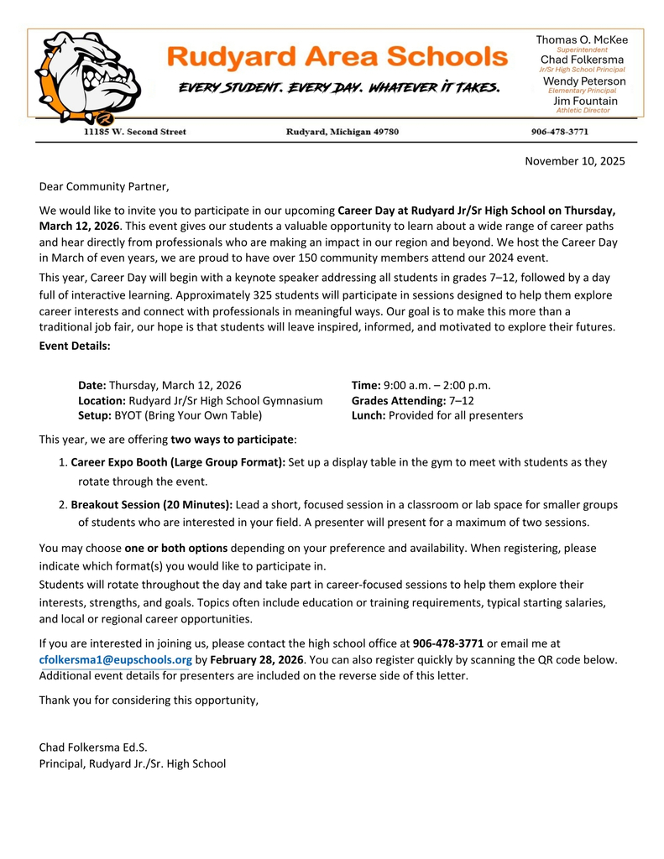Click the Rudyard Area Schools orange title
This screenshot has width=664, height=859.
click(337, 57)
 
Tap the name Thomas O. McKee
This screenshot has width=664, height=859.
click(581, 39)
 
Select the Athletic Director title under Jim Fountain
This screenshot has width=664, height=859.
click(583, 111)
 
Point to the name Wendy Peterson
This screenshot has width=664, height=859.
click(584, 81)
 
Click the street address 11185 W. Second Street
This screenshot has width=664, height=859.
click(134, 132)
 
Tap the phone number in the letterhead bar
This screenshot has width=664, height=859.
click(560, 132)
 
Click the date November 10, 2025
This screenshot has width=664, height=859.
click(574, 161)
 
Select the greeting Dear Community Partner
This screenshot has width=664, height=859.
click(104, 186)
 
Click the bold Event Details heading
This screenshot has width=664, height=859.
click(75, 345)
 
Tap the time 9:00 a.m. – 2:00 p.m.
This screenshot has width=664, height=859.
click(437, 385)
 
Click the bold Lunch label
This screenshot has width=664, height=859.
click(369, 415)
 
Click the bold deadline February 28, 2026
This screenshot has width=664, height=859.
click(256, 659)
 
